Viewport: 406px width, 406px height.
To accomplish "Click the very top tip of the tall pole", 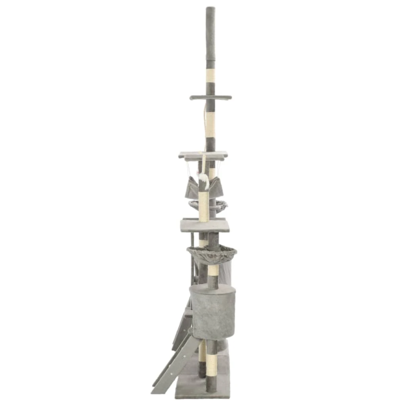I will pos(210,8).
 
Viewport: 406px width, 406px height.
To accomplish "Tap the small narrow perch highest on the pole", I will pos(210,97).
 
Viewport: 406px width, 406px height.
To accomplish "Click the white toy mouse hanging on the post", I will pos(204,179).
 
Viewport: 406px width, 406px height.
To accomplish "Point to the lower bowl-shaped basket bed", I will pos(212,253).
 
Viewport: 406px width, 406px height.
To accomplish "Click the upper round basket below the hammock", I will pos(208,205).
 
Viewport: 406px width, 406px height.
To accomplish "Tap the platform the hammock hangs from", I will pos(203,155).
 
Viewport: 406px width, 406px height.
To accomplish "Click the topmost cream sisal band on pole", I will pos(210,75).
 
